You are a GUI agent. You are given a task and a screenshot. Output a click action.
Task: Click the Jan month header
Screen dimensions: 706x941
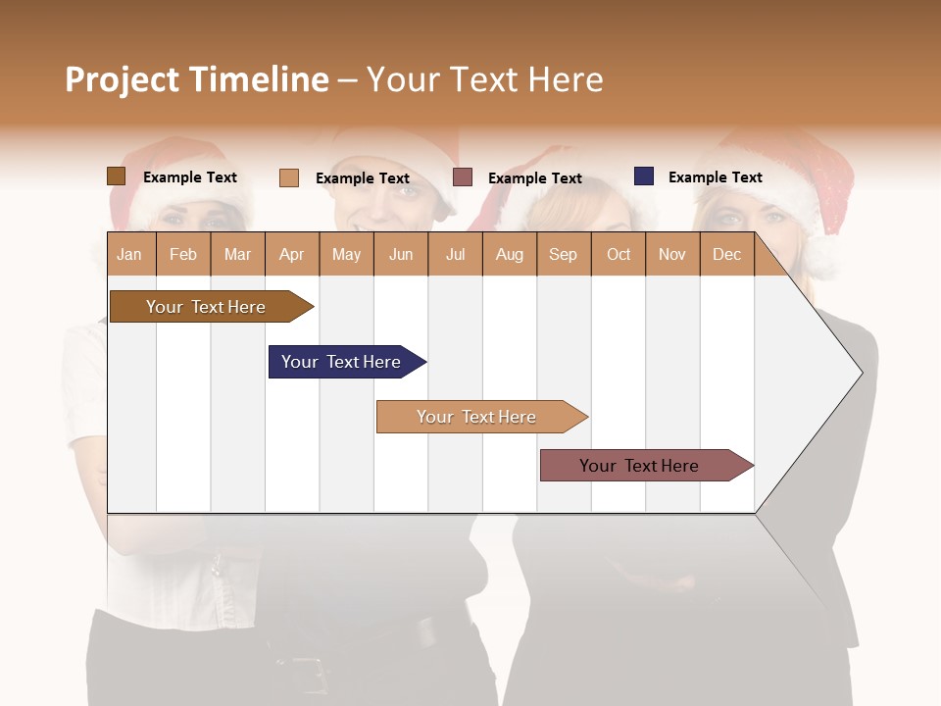129,255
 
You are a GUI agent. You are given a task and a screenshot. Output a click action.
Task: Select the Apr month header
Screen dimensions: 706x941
291,255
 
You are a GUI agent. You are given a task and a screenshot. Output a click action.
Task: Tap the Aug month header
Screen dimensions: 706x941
509,255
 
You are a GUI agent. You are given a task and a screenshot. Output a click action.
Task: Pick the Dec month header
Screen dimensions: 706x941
726,255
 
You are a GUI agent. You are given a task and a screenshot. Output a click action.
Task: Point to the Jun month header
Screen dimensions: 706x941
400,255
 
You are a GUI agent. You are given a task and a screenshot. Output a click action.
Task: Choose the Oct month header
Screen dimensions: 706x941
618,255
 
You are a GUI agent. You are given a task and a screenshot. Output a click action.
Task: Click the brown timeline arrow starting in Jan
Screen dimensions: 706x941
206,307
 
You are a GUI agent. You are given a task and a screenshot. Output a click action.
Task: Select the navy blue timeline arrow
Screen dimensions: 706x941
341,362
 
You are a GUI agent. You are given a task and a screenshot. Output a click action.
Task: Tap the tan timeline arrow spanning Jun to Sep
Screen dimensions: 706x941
476,417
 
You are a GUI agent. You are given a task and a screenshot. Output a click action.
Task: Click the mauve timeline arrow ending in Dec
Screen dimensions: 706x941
639,466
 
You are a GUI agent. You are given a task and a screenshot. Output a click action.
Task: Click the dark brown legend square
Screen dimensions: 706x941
116,176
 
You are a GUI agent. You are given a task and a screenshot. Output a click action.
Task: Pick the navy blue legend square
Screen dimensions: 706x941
644,176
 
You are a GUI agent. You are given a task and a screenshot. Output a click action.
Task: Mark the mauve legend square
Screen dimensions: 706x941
463,177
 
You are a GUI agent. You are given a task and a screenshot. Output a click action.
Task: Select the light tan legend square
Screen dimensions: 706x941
289,177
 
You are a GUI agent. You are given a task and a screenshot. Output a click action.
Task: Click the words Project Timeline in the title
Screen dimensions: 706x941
197,79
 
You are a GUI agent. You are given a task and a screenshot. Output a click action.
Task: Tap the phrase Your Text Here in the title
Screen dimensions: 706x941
485,79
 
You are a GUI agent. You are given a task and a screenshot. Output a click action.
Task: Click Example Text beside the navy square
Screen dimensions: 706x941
715,177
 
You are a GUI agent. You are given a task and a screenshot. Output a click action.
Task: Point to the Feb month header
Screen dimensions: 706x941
183,255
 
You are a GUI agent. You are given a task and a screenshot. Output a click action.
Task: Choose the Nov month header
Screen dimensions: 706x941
671,255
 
